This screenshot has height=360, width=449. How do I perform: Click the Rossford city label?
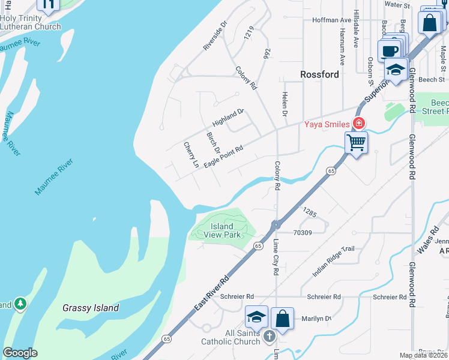tap(319, 75)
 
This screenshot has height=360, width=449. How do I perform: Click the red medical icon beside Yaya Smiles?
tap(359, 124)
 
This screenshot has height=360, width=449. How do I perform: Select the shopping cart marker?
tap(356, 143)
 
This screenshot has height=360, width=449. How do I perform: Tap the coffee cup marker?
tap(389, 50)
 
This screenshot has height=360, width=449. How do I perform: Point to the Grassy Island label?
tap(91, 308)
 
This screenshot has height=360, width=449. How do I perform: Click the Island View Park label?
tap(222, 231)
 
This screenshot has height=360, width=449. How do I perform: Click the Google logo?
tap(20, 353)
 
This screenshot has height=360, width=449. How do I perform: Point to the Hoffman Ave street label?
tap(331, 20)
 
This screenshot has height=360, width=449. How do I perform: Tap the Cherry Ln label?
tap(191, 155)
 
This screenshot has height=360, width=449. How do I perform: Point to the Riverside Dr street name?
tap(215, 37)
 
